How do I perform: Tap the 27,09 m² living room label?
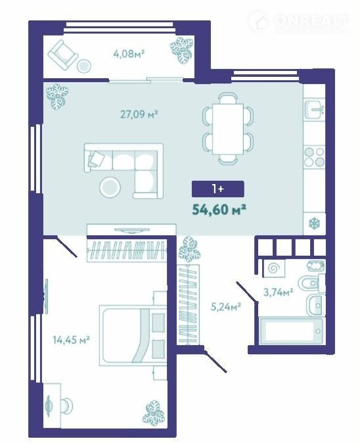coord(139,114)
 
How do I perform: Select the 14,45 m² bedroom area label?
coord(72,339)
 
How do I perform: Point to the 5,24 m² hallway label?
coord(226,306)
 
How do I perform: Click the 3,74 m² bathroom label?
coord(279,292)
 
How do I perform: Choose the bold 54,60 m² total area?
coord(219,210)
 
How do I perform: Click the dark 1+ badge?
coord(218,189)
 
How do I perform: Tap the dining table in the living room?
coord(228,129)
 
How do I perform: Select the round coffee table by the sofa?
coord(110,187)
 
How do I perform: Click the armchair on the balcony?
coord(62,55)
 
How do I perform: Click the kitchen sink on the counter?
coord(315,110)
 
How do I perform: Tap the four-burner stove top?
coord(314,157)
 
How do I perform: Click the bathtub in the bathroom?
coord(291,331)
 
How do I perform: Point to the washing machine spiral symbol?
coord(274,268)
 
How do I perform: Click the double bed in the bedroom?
coord(133,335)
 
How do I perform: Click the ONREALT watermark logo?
coord(298,21)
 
